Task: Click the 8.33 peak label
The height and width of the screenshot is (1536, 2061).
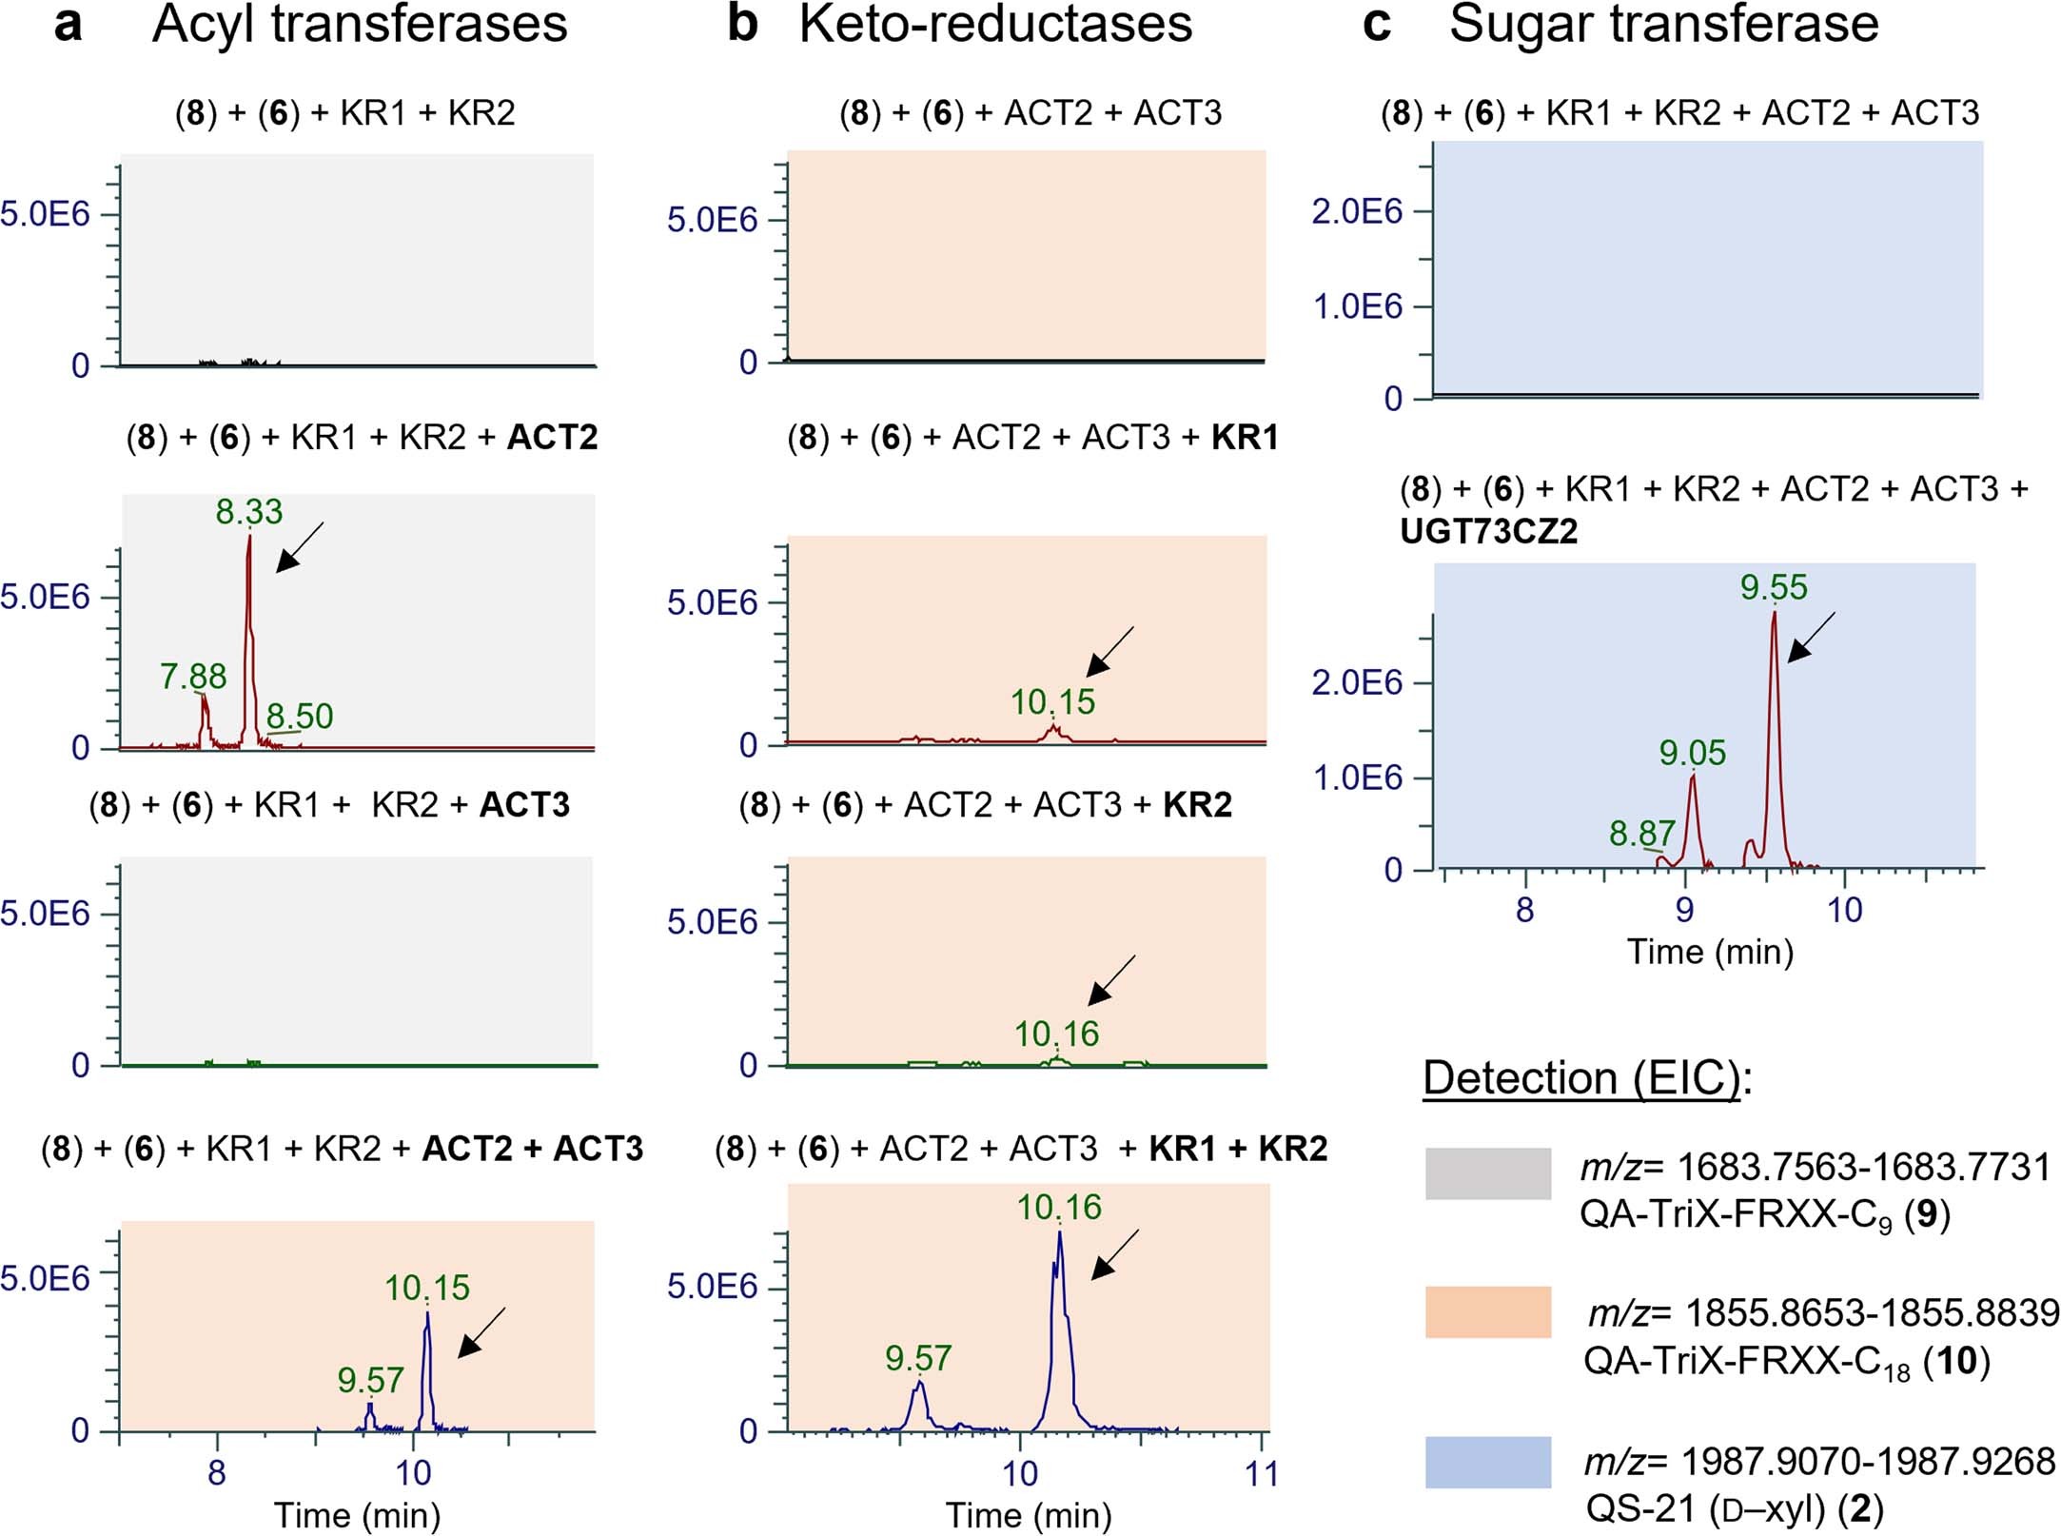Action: coord(249,512)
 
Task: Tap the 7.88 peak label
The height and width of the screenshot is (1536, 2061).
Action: coord(193,677)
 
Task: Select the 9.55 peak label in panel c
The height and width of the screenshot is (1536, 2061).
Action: coord(1774,587)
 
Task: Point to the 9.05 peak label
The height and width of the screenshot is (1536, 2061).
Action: coord(1692,754)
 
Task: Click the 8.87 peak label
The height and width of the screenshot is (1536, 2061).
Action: coord(1641,834)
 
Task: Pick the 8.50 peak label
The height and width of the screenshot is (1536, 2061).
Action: coord(300,717)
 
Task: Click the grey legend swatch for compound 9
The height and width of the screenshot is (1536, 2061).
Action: coord(1487,1172)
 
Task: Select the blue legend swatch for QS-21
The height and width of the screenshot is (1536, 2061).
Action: coord(1487,1462)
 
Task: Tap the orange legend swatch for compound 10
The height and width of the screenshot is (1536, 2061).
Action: coord(1487,1312)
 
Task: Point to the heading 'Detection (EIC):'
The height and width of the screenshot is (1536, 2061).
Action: coord(1587,1078)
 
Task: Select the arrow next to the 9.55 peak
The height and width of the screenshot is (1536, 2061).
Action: coord(1811,637)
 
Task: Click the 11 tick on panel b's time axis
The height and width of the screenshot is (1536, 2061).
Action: coord(1262,1474)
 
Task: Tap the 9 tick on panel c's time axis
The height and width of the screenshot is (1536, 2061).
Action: coord(1684,911)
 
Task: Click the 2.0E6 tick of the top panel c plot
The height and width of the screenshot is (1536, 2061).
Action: coord(1357,211)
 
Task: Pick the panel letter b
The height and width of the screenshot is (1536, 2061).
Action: coord(742,24)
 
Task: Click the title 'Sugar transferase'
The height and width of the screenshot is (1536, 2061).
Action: coord(1663,24)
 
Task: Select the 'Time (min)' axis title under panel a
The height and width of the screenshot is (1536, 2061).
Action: coord(357,1514)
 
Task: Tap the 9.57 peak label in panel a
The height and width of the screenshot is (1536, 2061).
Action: coord(370,1380)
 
